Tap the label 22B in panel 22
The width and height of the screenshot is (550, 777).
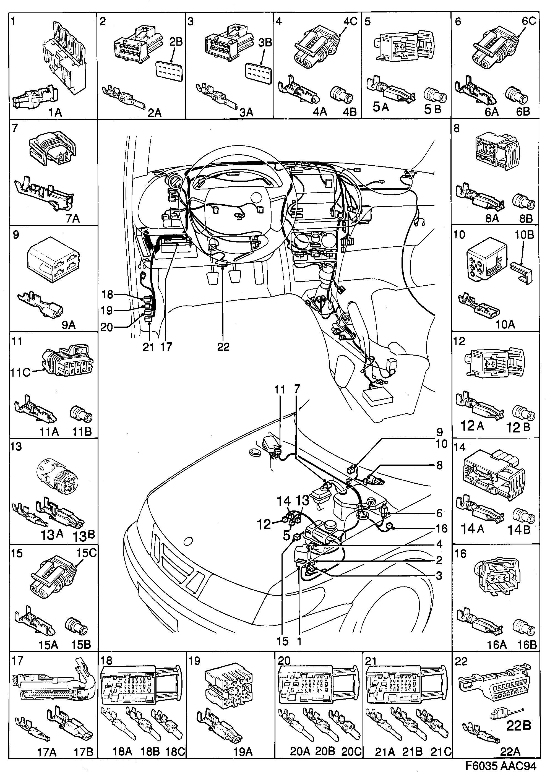point(518,725)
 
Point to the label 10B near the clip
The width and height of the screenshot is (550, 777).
point(524,235)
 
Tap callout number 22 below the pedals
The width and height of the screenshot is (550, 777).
point(223,347)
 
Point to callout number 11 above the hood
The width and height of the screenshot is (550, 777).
point(280,390)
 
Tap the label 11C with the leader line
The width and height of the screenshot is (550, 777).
point(20,372)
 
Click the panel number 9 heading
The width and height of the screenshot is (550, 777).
point(16,235)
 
